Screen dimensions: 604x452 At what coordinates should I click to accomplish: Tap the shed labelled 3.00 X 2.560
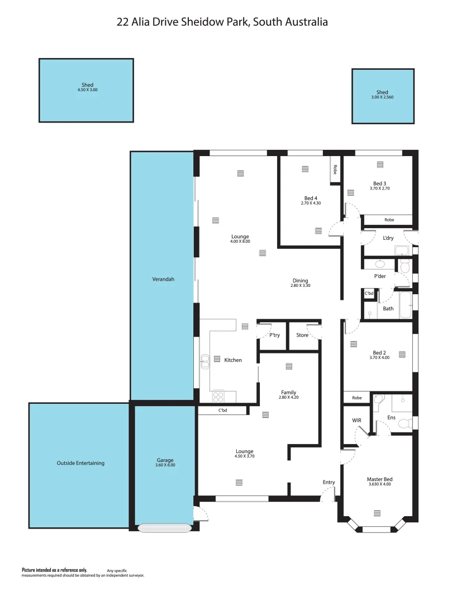(382, 96)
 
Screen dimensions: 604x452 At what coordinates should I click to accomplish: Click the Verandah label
(163, 279)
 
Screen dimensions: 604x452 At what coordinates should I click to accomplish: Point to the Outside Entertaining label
(80, 463)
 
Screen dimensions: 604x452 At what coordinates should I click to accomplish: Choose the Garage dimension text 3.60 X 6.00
(165, 465)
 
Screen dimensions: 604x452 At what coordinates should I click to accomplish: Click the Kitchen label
(233, 360)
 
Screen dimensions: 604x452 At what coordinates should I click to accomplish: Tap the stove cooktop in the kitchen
(218, 397)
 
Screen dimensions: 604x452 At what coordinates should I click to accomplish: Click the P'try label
(274, 336)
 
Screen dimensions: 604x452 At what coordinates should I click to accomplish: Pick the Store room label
(302, 336)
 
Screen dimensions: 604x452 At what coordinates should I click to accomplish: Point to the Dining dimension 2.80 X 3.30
(300, 286)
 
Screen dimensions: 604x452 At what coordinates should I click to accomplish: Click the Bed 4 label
(311, 198)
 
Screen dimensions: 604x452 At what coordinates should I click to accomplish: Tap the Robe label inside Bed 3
(389, 220)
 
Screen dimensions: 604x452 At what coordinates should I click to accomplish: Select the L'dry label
(388, 238)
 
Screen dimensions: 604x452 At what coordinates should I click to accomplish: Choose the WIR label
(356, 419)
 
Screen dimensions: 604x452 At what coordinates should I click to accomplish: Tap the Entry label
(329, 483)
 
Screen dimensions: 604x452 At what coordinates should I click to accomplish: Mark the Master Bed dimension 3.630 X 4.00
(379, 484)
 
